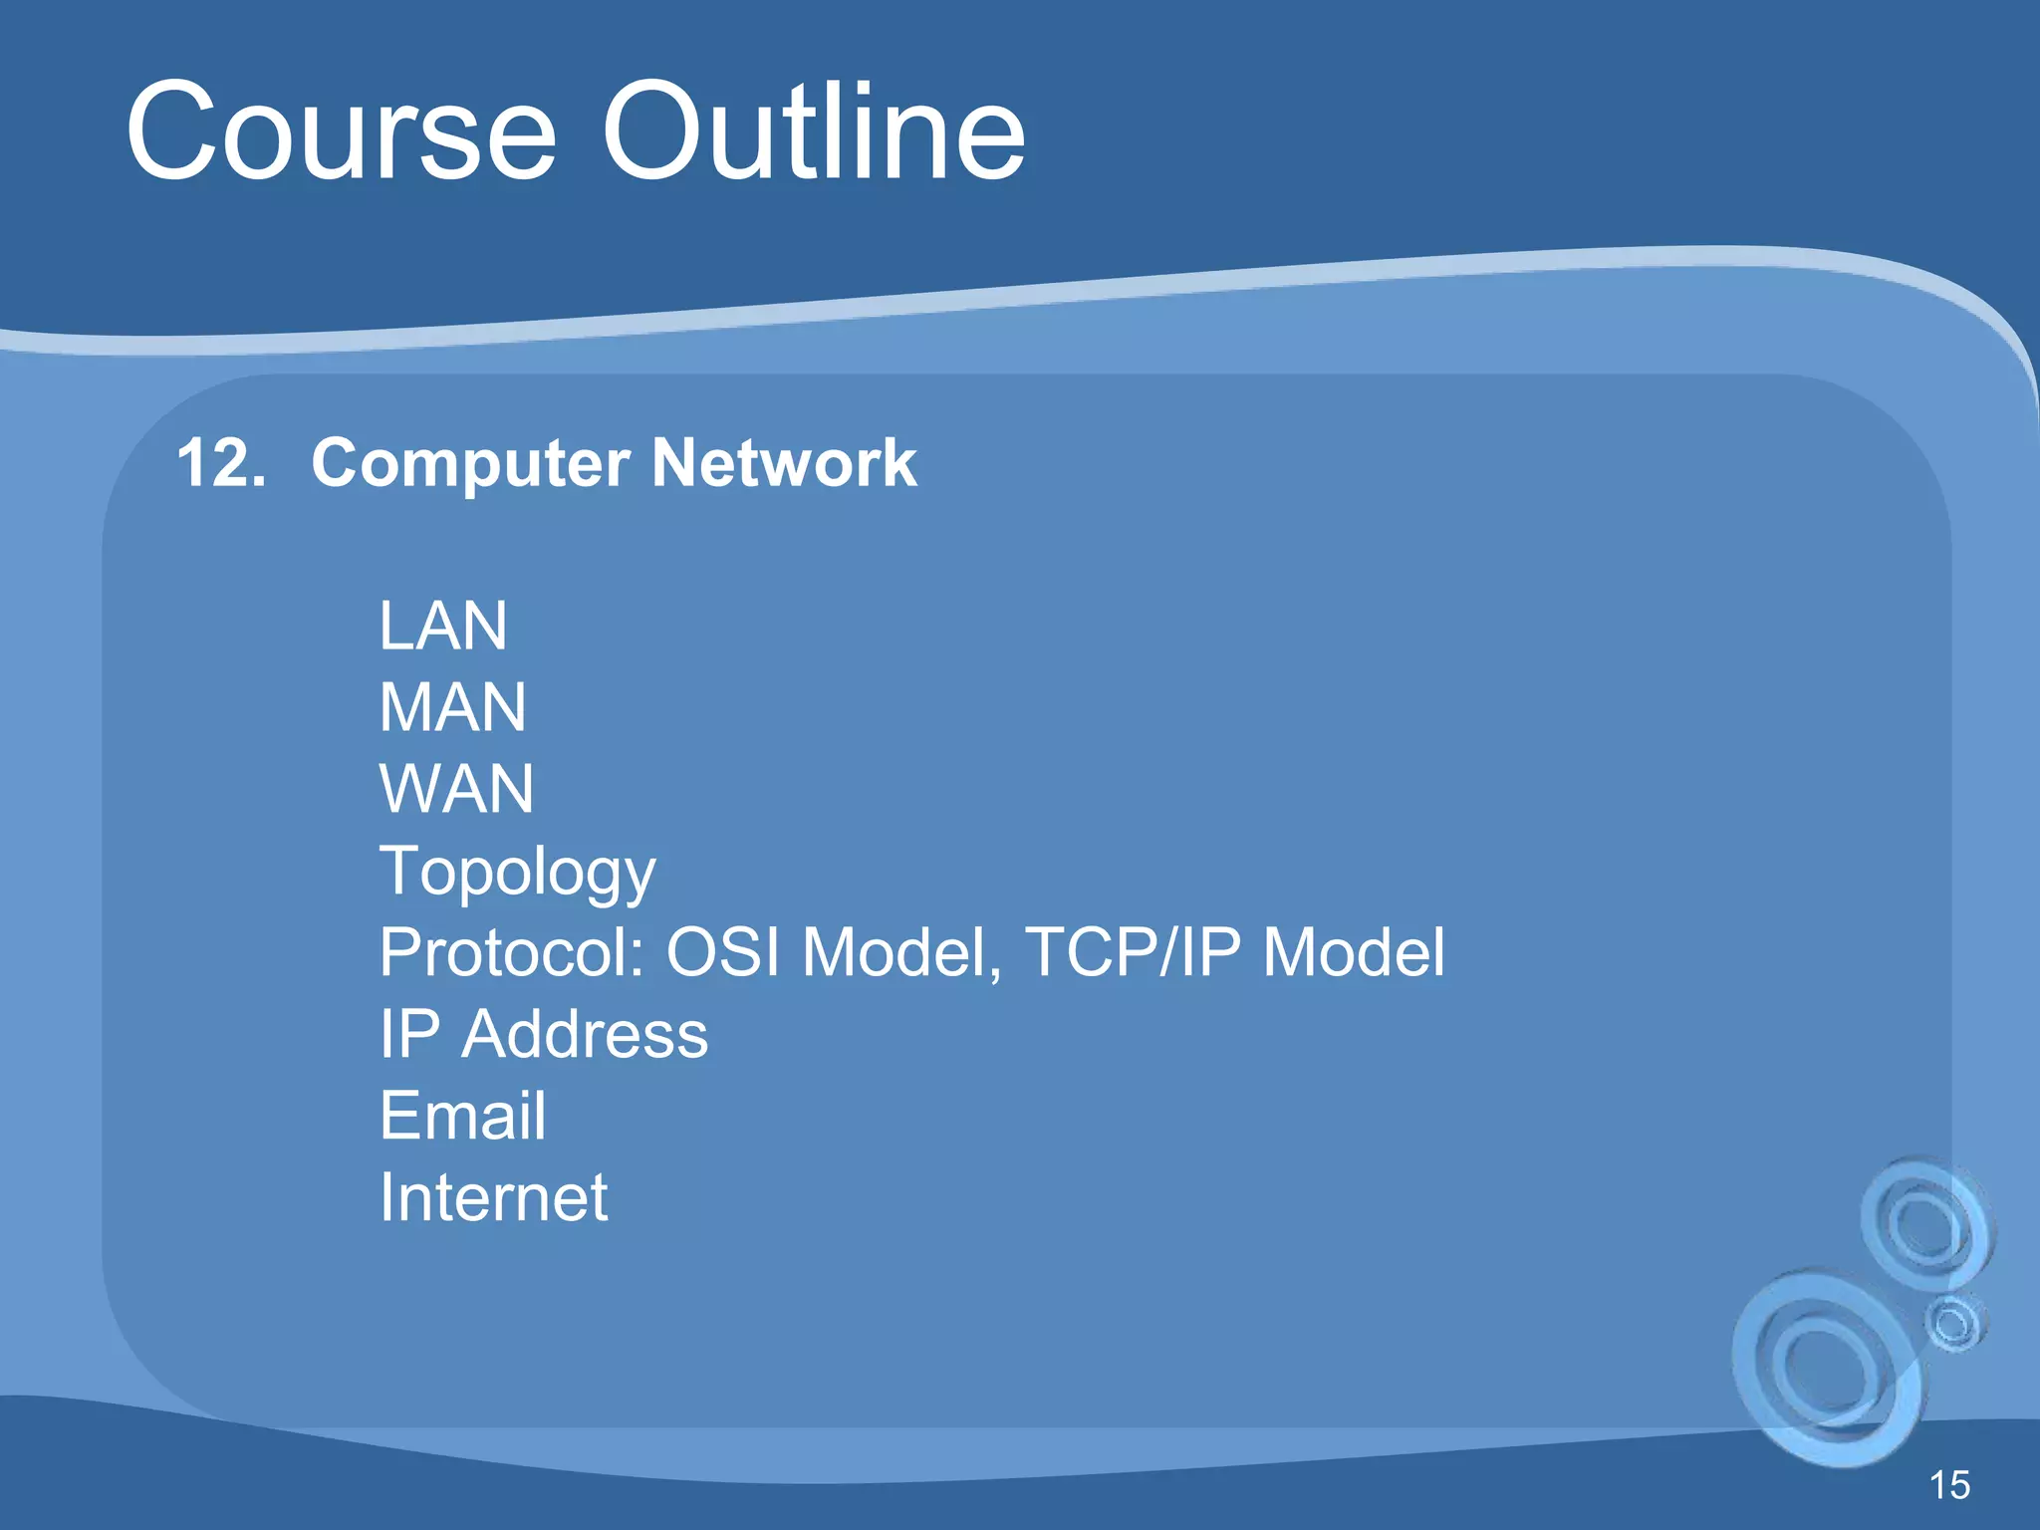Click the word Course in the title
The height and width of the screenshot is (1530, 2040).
pos(341,132)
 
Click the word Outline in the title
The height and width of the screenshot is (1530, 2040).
pos(814,132)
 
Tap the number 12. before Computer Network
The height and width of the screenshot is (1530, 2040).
pos(221,463)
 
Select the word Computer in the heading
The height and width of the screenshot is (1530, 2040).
pos(470,465)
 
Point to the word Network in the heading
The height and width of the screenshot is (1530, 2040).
pos(784,463)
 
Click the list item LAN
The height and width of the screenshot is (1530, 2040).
pos(443,627)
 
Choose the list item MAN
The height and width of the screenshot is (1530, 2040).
pos(452,708)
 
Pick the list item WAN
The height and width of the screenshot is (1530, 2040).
pos(456,790)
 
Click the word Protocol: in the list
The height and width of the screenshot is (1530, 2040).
pos(512,953)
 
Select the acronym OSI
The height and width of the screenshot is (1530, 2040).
pos(723,953)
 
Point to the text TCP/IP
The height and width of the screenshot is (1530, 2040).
pos(1134,953)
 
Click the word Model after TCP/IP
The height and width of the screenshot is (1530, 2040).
pos(1353,953)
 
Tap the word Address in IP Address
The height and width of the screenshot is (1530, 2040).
pos(585,1035)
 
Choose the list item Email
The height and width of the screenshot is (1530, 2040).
pos(462,1116)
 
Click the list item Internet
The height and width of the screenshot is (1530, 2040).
pos(493,1197)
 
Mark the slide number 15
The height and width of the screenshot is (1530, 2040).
pos(1949,1485)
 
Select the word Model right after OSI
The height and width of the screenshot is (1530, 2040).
pos(892,953)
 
